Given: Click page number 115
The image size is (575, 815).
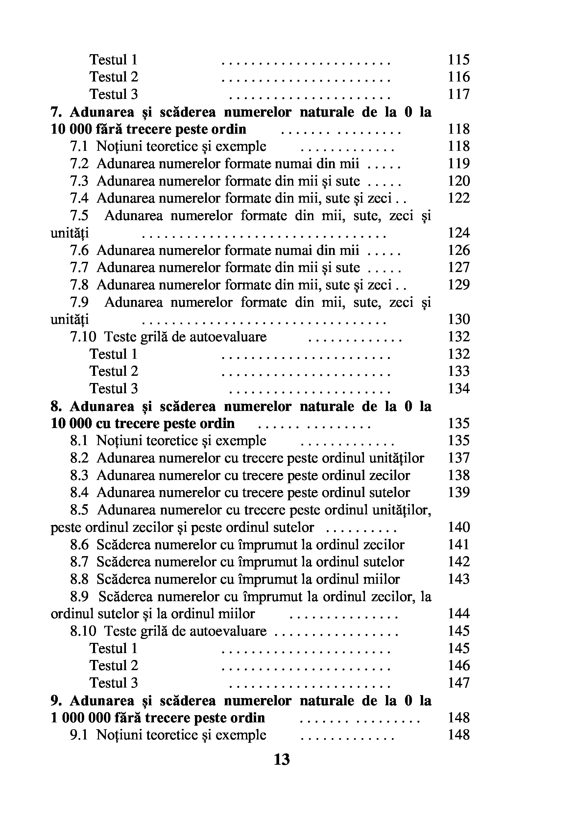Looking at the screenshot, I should [459, 60].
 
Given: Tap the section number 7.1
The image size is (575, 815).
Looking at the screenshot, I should [79, 146].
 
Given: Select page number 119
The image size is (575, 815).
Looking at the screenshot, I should [459, 164].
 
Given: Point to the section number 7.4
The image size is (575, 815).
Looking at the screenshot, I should [79, 198].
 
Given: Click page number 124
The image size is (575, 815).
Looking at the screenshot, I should [459, 233].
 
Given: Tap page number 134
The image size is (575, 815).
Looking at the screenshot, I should [459, 388].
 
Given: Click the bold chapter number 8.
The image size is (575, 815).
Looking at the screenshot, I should [56, 406].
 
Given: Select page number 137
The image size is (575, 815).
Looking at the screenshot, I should [459, 458].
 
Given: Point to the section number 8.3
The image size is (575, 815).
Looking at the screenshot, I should [79, 475].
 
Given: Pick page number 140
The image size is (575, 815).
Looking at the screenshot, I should [459, 527].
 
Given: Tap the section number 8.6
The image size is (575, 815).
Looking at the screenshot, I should [79, 545].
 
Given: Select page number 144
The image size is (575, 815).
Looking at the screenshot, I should [459, 614].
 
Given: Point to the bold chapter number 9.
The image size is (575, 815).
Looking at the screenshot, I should [56, 700].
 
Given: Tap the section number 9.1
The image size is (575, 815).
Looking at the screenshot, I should [79, 735].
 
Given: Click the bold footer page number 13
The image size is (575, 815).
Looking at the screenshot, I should [282, 759].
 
